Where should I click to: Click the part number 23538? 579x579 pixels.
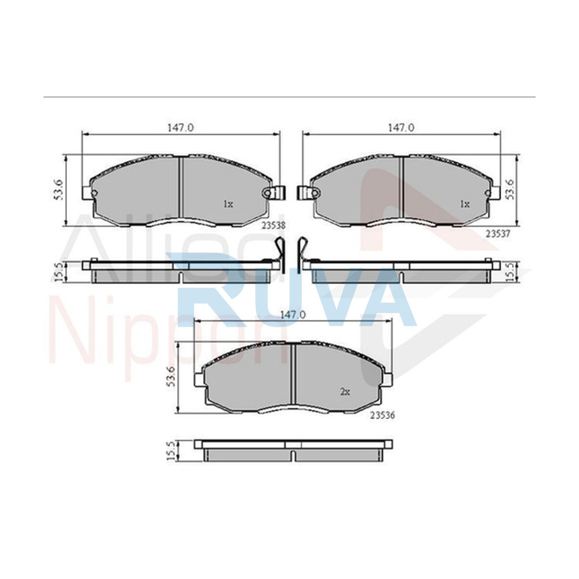(273, 225)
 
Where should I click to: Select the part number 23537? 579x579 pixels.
(498, 234)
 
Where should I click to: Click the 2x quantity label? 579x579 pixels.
(345, 392)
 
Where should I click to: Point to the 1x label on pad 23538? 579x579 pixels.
(228, 204)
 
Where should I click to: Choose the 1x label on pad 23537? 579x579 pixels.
(465, 204)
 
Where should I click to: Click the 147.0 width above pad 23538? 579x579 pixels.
(180, 128)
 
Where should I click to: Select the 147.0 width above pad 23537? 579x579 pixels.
(401, 128)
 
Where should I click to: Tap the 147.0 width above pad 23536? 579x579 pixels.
(293, 315)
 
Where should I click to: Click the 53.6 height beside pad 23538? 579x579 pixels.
(58, 190)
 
